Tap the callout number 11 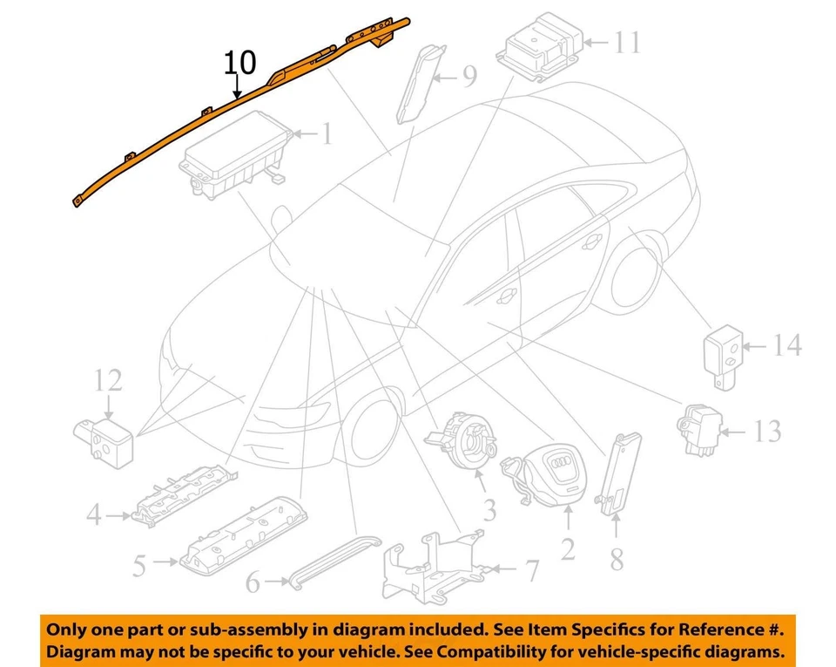(x=626, y=41)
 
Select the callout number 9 (x=469, y=78)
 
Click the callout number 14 (x=786, y=345)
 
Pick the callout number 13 (x=767, y=430)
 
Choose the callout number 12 (x=110, y=381)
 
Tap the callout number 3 (x=489, y=509)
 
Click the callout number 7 (x=530, y=571)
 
